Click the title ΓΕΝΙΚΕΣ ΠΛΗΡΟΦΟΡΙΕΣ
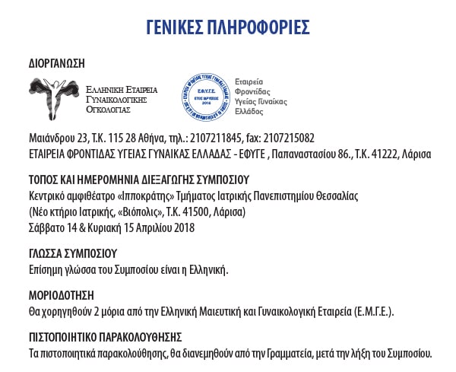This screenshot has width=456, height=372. point(227,27)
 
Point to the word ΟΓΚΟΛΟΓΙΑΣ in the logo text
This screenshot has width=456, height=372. point(109,110)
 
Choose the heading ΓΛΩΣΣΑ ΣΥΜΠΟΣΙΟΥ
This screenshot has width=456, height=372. point(71,253)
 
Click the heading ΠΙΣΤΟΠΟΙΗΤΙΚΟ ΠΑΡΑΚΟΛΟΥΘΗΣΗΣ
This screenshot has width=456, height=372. point(105,337)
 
